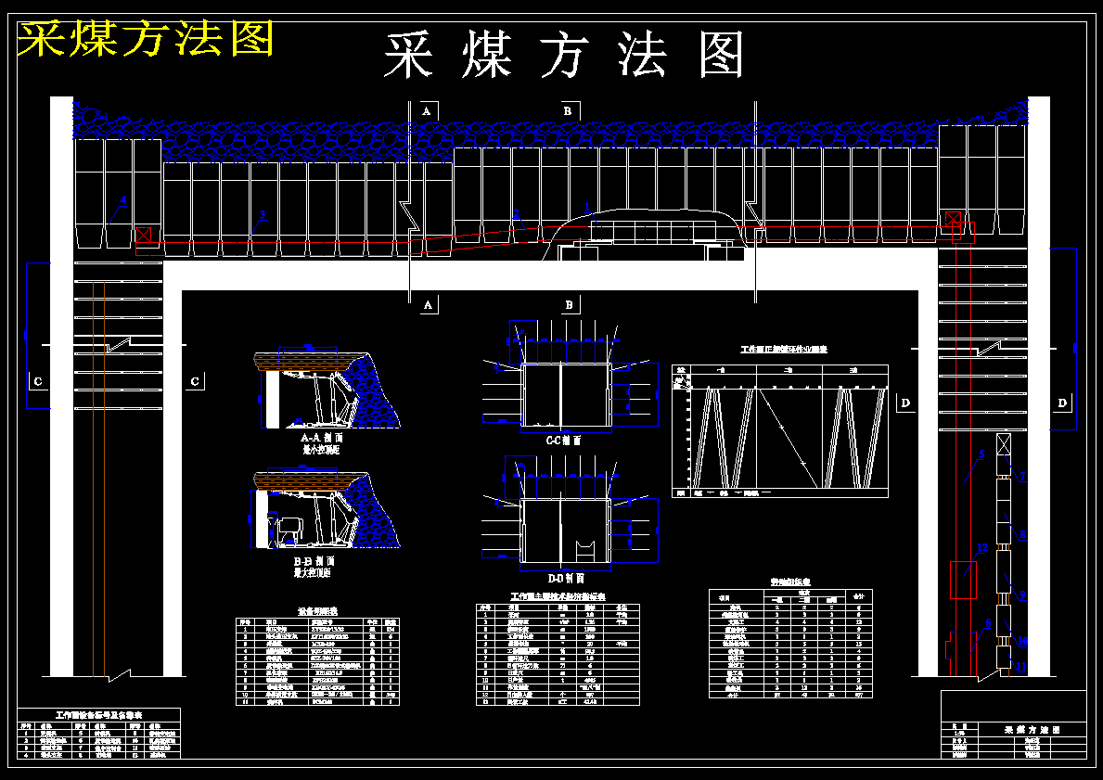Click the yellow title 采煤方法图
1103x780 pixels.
147,39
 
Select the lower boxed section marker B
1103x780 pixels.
570,304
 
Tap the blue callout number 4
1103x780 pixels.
122,200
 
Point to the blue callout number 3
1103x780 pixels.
262,215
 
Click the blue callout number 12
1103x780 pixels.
981,548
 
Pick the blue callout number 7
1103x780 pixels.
1022,477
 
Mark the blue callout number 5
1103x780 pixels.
981,454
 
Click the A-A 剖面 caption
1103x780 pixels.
323,437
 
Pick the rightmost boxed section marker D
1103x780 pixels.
1062,403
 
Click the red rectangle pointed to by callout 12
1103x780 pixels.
959,581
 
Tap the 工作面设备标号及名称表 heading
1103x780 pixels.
99,716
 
